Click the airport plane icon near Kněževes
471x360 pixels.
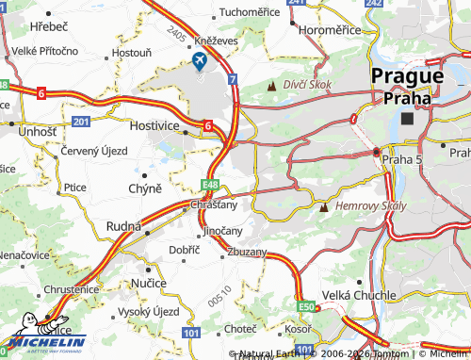(x=200, y=61)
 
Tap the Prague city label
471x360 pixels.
(x=407, y=76)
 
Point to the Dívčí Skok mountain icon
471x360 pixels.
(x=272, y=86)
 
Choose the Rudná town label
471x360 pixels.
(x=124, y=227)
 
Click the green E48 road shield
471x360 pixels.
(x=211, y=186)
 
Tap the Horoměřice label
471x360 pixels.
(x=331, y=31)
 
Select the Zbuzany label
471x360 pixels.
(x=246, y=253)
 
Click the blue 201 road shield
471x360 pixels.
(x=81, y=121)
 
